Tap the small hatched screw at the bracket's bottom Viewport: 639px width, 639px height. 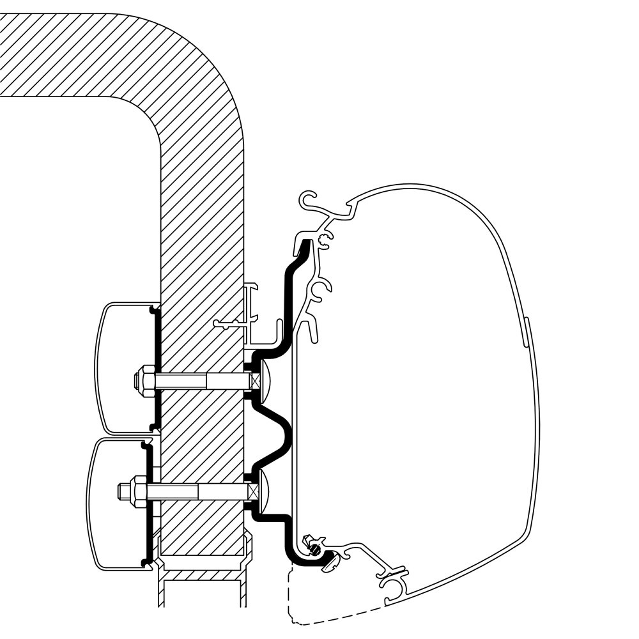coord(314,546)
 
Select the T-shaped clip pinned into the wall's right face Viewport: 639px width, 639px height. coord(233,325)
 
